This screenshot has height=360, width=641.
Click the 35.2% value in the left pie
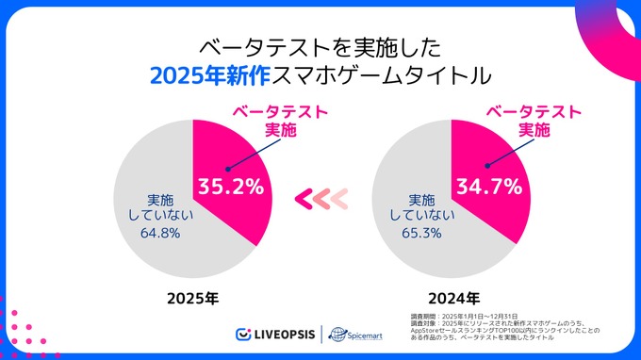(x=229, y=187)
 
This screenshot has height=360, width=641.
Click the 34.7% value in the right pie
(x=488, y=186)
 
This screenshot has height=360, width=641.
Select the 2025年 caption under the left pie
(x=192, y=299)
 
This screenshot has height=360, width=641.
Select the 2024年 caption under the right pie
(x=452, y=299)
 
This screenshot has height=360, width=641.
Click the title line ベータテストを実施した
(x=321, y=45)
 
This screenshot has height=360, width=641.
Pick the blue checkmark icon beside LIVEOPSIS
(x=242, y=335)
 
